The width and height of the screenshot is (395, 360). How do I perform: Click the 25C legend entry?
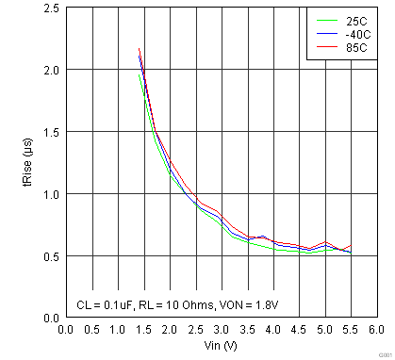(x=357, y=19)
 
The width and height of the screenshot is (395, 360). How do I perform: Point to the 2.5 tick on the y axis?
(x=52, y=8)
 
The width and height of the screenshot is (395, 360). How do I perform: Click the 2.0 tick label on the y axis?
(x=52, y=71)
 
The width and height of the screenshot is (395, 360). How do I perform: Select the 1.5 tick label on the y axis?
(x=52, y=133)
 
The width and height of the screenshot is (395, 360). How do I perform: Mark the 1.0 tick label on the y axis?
(x=52, y=195)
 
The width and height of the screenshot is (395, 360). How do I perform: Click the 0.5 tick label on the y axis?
(x=52, y=256)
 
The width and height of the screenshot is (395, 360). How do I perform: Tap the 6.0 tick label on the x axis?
(x=376, y=330)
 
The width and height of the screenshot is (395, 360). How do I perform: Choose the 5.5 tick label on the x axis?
(x=350, y=330)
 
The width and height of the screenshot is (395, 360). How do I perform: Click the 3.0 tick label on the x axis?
(x=221, y=330)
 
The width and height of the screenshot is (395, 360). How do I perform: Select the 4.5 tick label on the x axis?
(x=298, y=330)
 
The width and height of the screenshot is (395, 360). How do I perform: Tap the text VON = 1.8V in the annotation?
(x=254, y=305)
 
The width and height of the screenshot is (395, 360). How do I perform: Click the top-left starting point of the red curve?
(x=139, y=49)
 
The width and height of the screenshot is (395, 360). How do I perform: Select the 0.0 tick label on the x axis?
(x=66, y=330)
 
